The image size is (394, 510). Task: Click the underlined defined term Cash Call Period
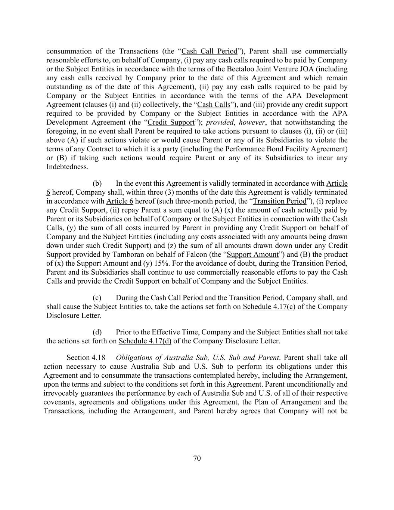point(209,51)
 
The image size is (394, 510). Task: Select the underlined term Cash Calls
point(214,105)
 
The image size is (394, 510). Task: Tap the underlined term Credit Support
point(171,123)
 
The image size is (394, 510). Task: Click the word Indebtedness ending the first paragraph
point(67,167)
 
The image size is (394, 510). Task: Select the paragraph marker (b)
point(97,183)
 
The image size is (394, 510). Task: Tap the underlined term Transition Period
point(280,201)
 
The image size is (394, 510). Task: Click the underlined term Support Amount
point(253,255)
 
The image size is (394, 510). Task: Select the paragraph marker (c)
point(97,298)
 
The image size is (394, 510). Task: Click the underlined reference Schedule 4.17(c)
point(269,307)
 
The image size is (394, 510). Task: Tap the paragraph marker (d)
point(97,332)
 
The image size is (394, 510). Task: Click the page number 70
point(197,458)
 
